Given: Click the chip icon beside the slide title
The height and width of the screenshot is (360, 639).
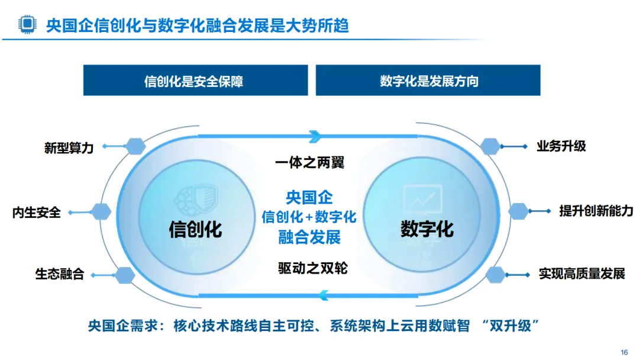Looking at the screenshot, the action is pos(27,24).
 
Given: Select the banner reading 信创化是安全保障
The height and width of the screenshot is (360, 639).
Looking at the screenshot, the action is pos(195,81).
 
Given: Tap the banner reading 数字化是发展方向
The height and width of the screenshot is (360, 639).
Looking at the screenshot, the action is pos(428,81).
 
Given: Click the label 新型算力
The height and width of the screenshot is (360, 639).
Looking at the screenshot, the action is pos(69,148).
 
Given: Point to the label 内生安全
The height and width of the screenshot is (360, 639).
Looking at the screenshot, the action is pos(37,212).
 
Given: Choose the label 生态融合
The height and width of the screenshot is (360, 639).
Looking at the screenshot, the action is pos(60,274).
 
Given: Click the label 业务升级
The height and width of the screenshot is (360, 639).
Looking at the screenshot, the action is pos(561,146).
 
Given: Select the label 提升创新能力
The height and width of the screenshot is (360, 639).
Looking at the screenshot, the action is pos(596,210).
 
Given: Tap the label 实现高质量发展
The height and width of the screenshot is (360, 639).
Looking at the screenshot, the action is pos(582,274).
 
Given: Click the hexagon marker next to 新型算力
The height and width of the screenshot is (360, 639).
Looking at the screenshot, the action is pos(135,145).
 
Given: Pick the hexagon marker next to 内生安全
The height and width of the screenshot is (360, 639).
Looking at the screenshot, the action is pos(102,210).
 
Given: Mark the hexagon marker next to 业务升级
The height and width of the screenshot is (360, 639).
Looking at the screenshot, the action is pos(490,146).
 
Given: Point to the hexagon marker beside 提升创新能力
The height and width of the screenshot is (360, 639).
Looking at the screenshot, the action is pos(519,210).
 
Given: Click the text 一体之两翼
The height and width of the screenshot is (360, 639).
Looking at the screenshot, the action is pos(309,162).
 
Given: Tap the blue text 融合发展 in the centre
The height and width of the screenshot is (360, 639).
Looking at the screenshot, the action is pos(309,238).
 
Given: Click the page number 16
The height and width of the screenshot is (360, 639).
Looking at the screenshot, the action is pos(624,352).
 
